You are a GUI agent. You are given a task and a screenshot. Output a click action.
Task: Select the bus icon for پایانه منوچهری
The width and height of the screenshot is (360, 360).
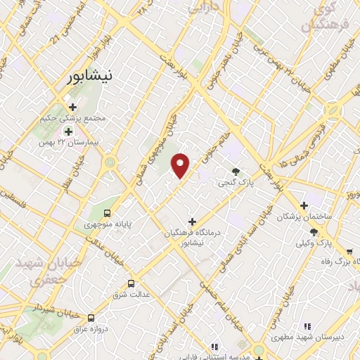click(108, 212)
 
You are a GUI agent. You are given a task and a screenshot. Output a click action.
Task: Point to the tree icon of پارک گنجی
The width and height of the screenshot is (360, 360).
click(236, 171)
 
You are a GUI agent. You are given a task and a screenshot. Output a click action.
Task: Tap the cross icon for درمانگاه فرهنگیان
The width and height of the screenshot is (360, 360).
click(192, 221)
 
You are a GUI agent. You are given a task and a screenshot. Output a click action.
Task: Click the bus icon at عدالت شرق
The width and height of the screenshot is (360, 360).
click(131, 283)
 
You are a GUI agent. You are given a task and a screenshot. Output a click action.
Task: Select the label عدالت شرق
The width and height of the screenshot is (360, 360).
click(137, 295)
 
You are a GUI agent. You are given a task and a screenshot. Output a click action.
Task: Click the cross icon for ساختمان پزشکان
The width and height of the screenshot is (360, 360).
click(304, 205)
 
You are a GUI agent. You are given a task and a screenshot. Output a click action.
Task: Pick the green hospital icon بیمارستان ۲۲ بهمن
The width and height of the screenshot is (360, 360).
click(69, 131)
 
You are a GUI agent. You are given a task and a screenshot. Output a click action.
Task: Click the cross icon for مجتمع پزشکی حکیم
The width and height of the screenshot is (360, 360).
click(72, 107)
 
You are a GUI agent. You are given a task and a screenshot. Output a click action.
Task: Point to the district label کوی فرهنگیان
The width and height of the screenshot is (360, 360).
click(323, 18)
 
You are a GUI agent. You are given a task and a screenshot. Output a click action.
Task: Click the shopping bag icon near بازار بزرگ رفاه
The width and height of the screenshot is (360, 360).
click(349, 251)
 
